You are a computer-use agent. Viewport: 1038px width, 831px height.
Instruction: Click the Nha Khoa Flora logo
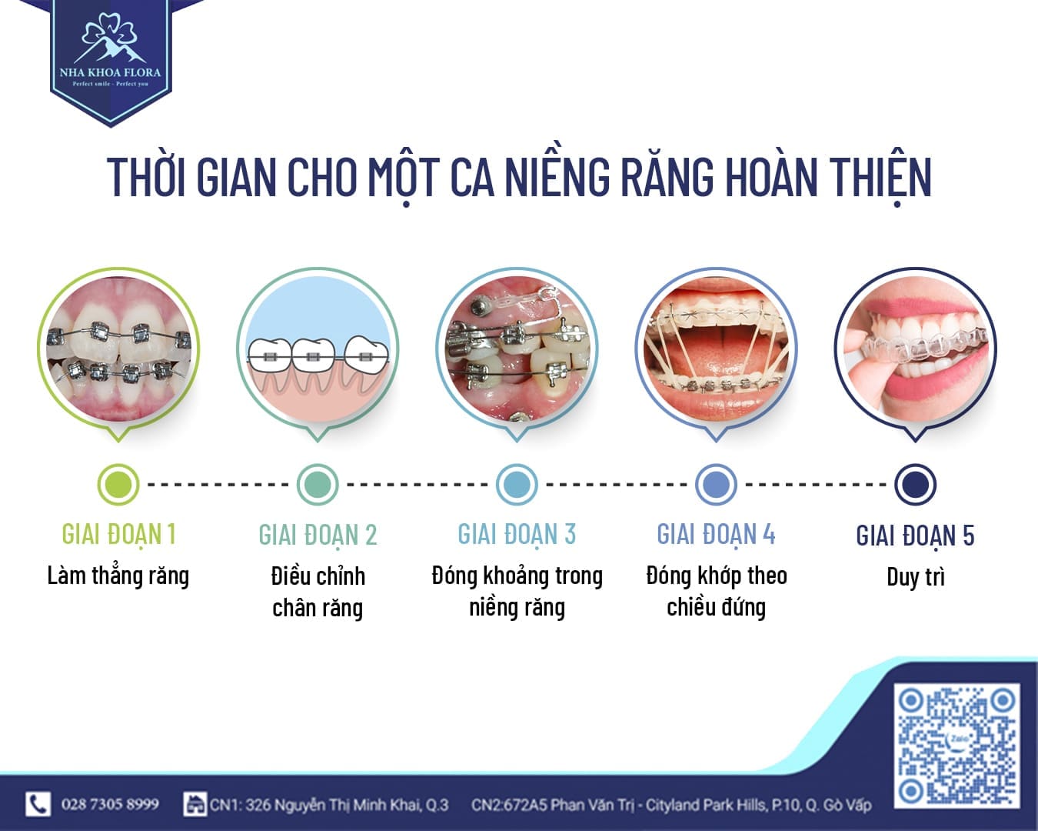tap(110, 54)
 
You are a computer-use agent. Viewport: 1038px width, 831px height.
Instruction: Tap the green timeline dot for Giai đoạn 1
tap(118, 485)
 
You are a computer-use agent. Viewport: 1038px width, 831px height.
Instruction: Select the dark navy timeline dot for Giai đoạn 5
tap(915, 485)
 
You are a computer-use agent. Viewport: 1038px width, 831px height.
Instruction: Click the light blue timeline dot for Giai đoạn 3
tap(517, 485)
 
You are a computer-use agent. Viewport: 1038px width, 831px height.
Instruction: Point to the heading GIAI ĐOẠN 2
tap(318, 535)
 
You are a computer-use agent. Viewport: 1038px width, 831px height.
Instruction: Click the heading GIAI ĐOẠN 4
tap(716, 535)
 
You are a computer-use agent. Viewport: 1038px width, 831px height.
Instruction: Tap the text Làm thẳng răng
tap(118, 576)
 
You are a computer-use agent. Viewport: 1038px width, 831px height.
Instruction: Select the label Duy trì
tap(915, 577)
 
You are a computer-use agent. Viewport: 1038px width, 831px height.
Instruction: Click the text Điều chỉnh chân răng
tap(318, 592)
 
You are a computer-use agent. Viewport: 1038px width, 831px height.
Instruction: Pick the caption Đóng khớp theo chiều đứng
tap(716, 592)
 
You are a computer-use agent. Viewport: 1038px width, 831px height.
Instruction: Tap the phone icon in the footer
tap(38, 804)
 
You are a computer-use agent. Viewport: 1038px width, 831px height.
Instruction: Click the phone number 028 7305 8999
tap(110, 805)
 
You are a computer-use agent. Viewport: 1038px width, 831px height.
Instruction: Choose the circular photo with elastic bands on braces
tap(716, 350)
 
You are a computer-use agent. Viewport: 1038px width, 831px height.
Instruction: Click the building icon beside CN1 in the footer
tap(195, 805)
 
